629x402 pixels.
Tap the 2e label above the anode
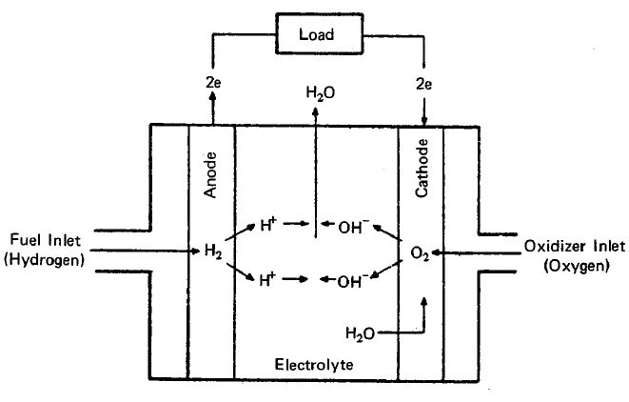[213, 84]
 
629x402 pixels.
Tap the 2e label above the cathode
[423, 84]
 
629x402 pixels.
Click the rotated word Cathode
[423, 170]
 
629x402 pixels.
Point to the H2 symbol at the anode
[212, 252]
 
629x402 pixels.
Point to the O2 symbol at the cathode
[422, 254]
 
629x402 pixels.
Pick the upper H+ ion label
[269, 226]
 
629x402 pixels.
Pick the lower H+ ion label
[269, 280]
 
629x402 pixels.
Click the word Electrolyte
[316, 366]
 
